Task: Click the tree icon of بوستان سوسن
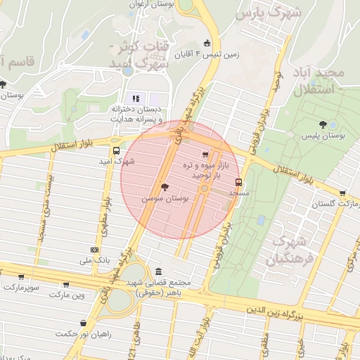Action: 165,188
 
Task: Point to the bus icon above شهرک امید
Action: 116,150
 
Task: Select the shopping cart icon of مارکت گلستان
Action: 342,193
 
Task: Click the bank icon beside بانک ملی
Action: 94,250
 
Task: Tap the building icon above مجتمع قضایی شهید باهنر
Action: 157,272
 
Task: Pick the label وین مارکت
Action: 67,295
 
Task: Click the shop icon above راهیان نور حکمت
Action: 84,323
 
